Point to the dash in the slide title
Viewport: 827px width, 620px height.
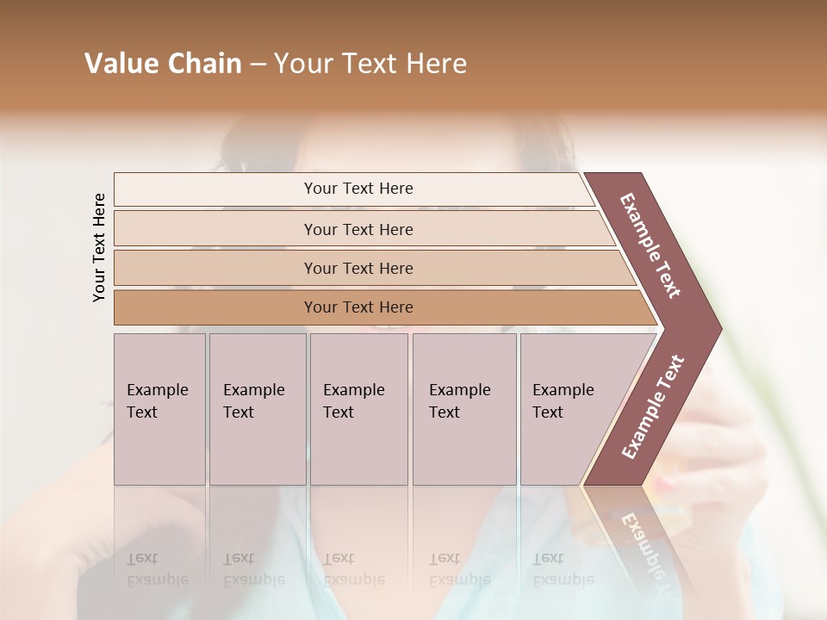[x=258, y=65]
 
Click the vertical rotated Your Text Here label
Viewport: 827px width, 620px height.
[x=99, y=247]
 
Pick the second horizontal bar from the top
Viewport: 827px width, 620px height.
[x=358, y=229]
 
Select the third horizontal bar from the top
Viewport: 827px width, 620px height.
[x=358, y=268]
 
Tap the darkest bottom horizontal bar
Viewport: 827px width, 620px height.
[x=358, y=307]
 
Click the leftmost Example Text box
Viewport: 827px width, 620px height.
[x=159, y=409]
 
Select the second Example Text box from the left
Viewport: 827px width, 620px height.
[x=258, y=409]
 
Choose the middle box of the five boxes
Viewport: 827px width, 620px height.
[x=358, y=409]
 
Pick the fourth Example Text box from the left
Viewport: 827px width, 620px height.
[x=464, y=409]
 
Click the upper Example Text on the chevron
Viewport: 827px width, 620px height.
[x=650, y=245]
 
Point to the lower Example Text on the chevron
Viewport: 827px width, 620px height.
[x=652, y=407]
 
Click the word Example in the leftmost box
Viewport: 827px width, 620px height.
[x=157, y=390]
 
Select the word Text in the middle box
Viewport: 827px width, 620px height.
[x=339, y=412]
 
